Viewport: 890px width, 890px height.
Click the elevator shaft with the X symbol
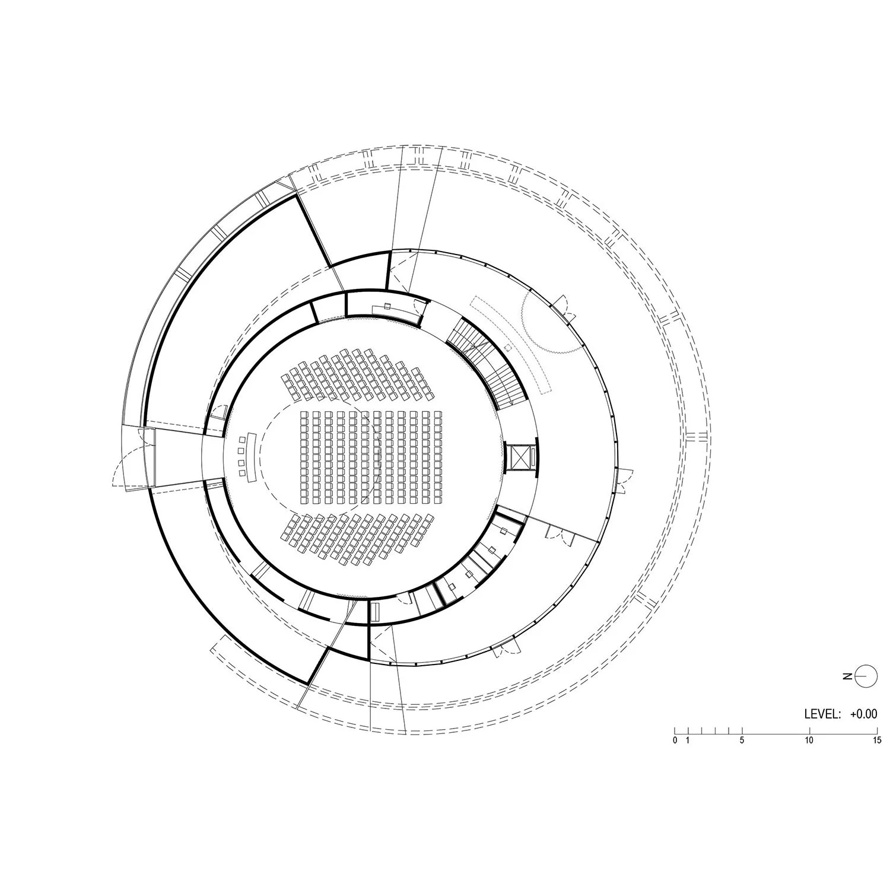tap(520, 456)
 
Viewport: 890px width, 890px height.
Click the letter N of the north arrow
tap(848, 676)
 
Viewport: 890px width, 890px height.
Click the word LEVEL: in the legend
tap(822, 714)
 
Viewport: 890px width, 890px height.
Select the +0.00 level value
tap(863, 714)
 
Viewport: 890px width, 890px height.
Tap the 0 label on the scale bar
tap(675, 740)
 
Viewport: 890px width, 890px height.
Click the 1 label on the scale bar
tap(688, 740)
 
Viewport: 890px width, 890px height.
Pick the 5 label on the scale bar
tap(742, 740)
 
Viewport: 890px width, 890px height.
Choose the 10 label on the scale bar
tap(809, 740)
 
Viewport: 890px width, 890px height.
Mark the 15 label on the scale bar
tap(877, 740)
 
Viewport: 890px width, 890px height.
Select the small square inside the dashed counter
tap(507, 347)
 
